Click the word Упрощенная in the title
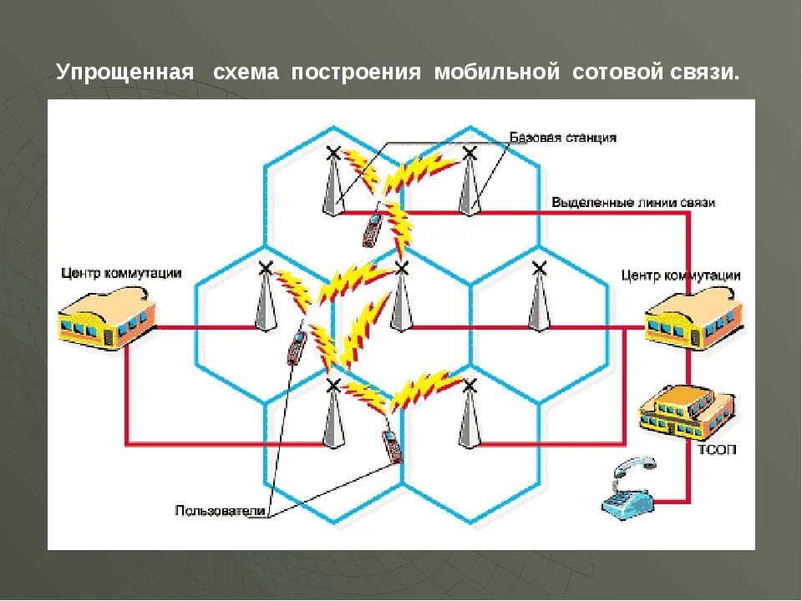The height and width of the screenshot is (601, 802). click(x=125, y=73)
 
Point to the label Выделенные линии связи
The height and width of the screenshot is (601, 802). click(x=632, y=202)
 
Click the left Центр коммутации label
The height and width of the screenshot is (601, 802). click(x=120, y=273)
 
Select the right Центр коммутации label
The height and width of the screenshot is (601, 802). click(x=681, y=275)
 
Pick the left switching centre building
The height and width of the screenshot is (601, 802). click(x=107, y=317)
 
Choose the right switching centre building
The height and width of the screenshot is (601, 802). click(x=693, y=319)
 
